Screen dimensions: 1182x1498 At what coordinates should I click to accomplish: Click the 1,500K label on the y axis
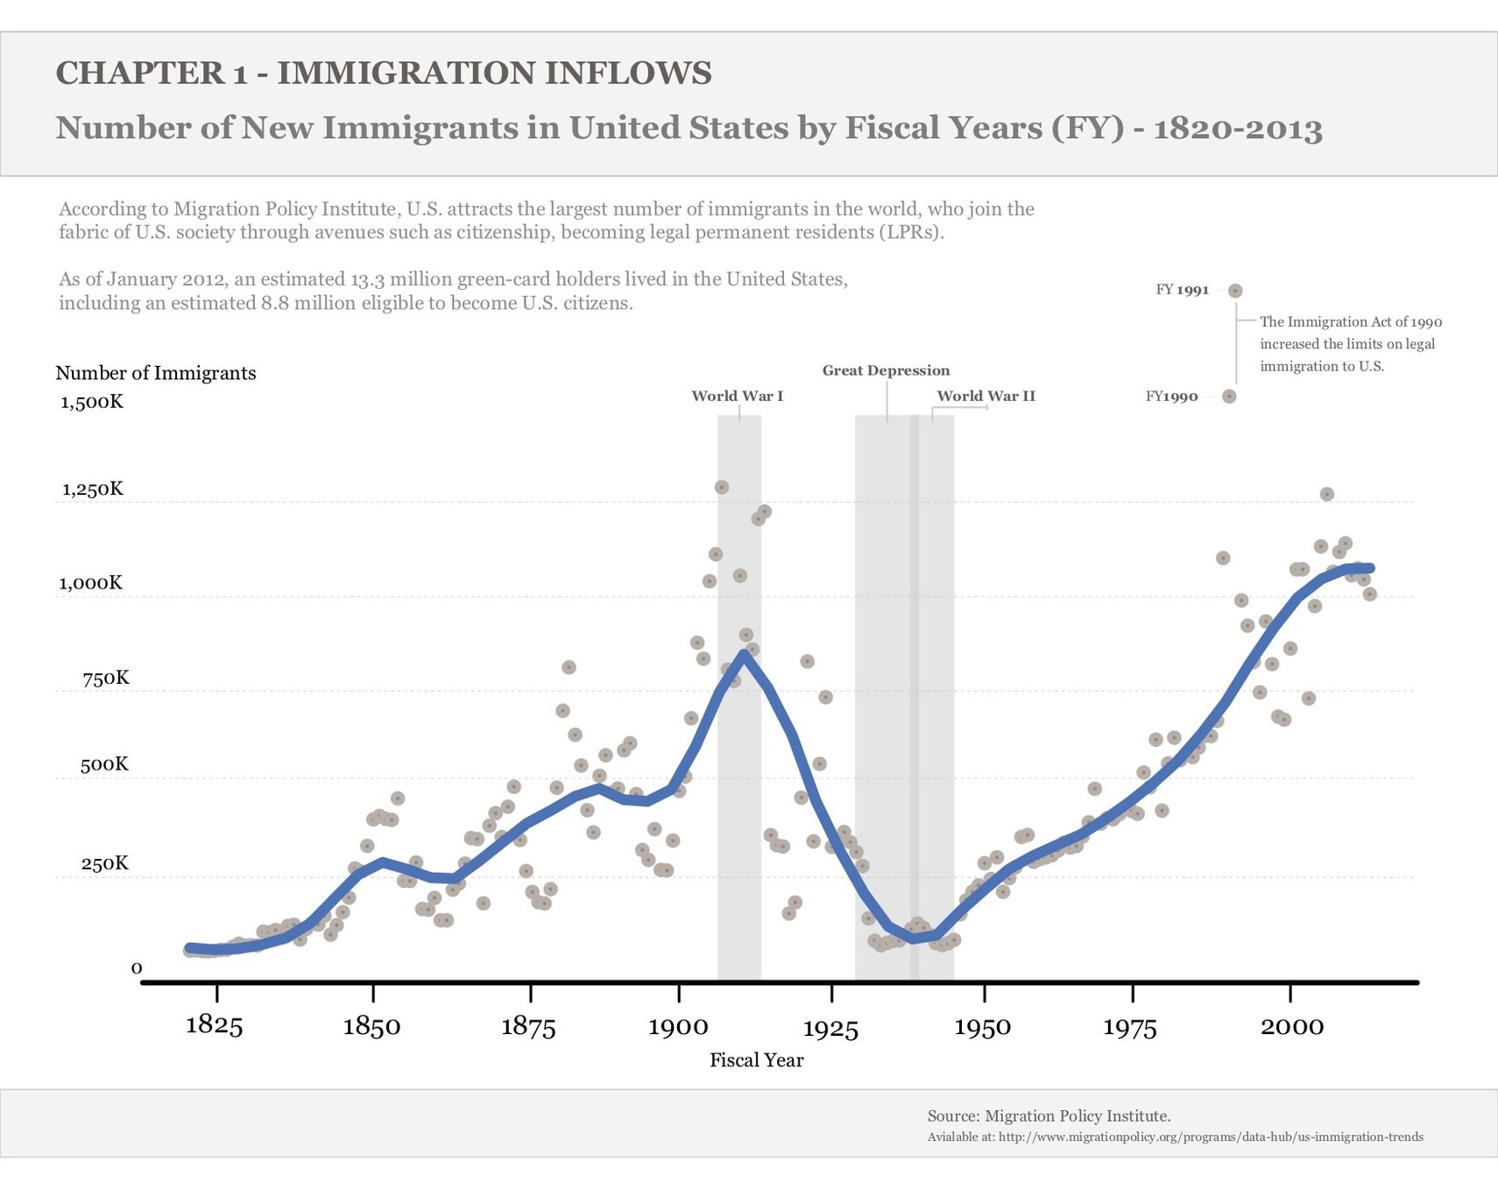point(92,402)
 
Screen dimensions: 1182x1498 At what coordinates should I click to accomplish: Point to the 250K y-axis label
point(104,863)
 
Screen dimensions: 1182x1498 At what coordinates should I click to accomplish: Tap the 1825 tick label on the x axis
point(214,1024)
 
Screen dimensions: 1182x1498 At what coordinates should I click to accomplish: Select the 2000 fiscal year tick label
point(1291,1026)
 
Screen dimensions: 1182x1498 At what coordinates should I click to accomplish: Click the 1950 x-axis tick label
point(982,1027)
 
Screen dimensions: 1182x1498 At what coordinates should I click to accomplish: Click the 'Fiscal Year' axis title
point(756,1060)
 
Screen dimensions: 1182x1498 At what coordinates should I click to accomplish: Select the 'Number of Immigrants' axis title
point(156,373)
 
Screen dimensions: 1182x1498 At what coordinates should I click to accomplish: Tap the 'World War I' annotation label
point(737,396)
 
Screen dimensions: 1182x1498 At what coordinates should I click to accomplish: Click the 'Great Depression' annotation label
point(886,370)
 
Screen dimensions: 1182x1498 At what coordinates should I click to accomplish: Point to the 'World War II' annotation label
point(986,396)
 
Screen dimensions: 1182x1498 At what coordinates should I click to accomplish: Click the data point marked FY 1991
point(1235,291)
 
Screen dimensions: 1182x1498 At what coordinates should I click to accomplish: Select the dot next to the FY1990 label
point(1229,397)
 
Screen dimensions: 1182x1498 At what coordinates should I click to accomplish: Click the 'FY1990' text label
point(1171,397)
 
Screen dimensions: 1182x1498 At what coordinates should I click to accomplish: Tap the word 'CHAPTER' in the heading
point(139,73)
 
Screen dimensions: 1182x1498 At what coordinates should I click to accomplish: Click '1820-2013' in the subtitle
point(1237,128)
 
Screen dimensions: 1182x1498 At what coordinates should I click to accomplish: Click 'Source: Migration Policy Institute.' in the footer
point(1049,1115)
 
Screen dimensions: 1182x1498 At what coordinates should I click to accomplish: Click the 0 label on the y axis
point(137,967)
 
